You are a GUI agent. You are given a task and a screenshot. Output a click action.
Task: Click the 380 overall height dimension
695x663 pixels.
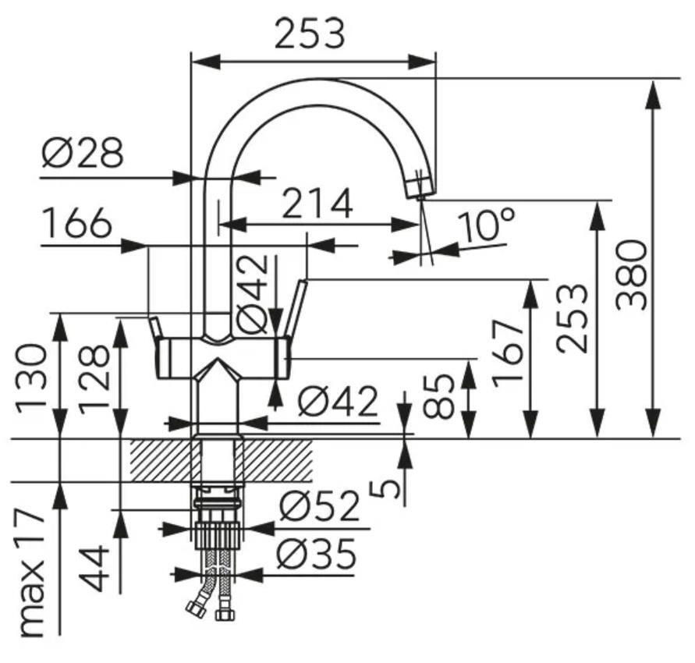632,274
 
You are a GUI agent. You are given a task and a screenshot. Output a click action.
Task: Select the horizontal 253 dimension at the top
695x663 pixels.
310,33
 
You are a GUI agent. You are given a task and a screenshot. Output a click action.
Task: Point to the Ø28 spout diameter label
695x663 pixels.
83,153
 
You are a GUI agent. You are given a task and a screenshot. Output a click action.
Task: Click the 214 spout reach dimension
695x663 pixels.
317,204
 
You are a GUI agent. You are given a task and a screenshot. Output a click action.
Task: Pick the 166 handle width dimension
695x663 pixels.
76,225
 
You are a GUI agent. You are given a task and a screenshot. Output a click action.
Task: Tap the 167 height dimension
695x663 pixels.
510,351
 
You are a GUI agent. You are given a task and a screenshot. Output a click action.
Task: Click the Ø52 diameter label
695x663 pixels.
319,507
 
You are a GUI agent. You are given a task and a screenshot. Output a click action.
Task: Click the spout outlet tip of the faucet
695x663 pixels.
419,188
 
